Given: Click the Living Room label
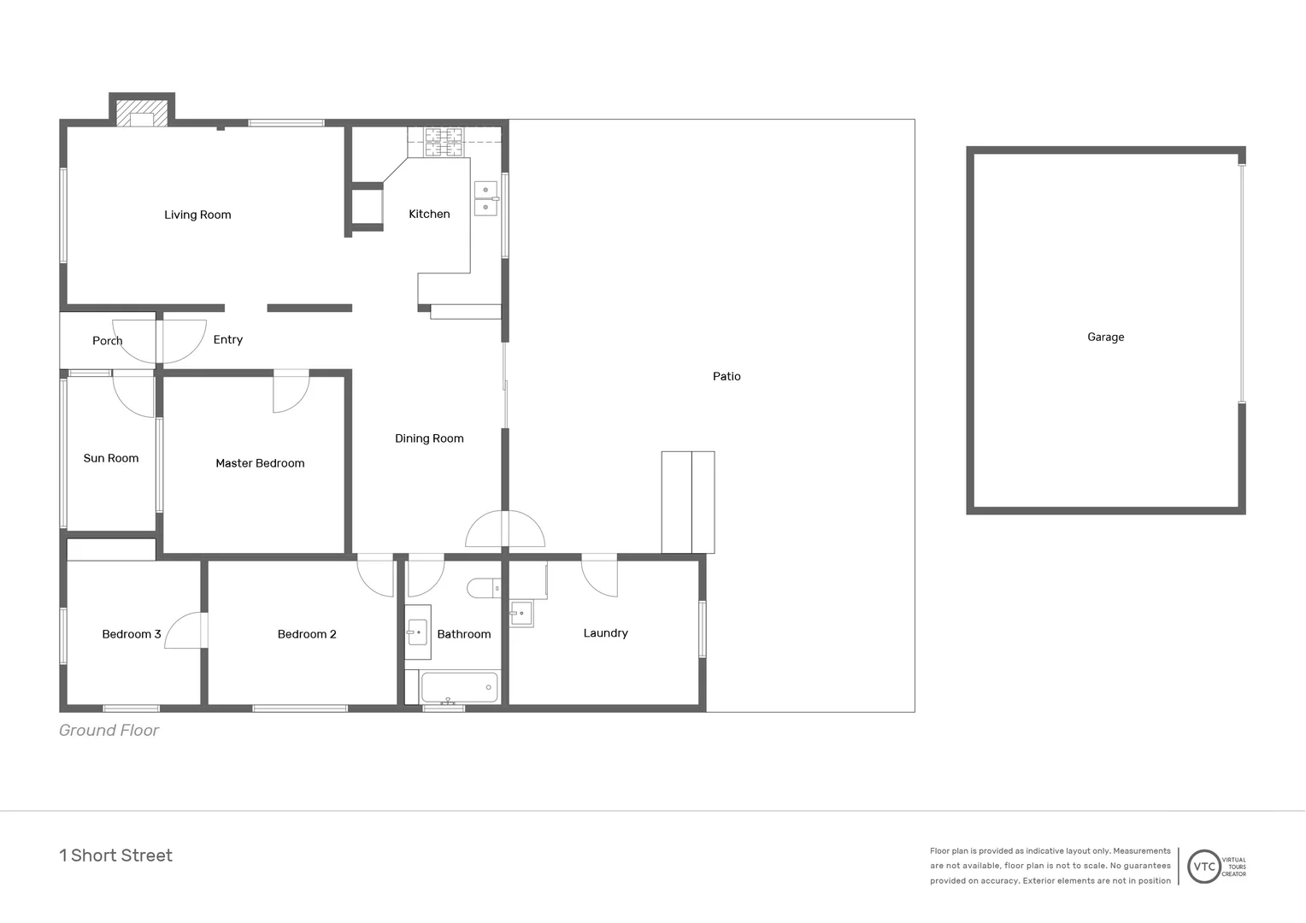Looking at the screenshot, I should coord(197,215).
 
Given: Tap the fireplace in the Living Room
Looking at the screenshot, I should coord(142,114).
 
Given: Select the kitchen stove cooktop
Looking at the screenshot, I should coord(444,142).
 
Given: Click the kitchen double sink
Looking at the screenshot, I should coord(485,198).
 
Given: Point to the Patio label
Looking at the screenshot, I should coord(727,376).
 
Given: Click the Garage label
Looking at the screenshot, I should coord(1105,337).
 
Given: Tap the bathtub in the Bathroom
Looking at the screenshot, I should coord(459,687).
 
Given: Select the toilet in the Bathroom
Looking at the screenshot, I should coord(483,588).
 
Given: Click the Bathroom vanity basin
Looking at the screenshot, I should coord(417,632).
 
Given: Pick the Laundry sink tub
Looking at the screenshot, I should coord(521,613).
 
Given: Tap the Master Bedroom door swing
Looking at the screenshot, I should coord(290,394).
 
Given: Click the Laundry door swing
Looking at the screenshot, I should coord(599,577).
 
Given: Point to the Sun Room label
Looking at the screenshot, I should coord(111,458).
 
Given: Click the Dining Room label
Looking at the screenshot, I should coord(429,438).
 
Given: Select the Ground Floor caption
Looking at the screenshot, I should coord(109,730).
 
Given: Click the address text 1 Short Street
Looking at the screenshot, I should coord(115,855).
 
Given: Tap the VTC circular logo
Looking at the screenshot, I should coord(1203,866).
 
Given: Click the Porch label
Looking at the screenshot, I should coord(107,340).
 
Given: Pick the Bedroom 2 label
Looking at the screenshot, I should coord(307,634).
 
